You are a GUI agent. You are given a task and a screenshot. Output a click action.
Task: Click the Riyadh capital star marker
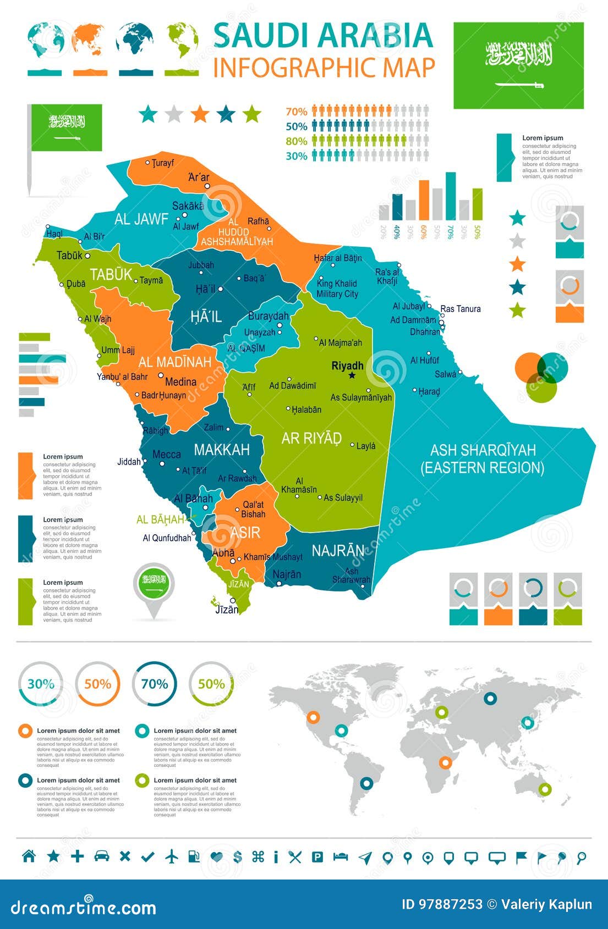pos(352,376)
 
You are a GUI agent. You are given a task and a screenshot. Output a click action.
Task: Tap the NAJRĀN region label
pos(338,550)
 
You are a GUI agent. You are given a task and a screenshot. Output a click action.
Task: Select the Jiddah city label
pos(129,462)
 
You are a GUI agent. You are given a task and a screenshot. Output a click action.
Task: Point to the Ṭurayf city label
pos(163,163)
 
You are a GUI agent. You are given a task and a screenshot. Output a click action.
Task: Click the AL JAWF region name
pos(141,219)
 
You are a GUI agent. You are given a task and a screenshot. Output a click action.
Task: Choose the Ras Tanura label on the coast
pos(461,309)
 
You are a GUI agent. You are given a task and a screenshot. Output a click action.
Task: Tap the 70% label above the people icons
pos(296,112)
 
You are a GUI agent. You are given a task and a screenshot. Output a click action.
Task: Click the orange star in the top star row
pos(200,114)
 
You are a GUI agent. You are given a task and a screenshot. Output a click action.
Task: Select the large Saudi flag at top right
pos(518,65)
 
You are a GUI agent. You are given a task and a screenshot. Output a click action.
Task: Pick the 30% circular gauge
pos(41,684)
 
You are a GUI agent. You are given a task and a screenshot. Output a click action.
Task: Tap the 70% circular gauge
pos(155,684)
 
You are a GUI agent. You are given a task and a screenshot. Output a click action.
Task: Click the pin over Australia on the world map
pos(545,789)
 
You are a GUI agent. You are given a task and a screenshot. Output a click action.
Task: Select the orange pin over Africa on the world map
pos(445,762)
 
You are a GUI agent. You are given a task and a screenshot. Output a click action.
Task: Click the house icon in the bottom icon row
pos(29,856)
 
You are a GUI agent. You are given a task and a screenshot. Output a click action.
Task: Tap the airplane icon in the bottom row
pos(172,856)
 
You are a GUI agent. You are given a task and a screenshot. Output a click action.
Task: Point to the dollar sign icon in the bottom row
pos(238,856)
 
